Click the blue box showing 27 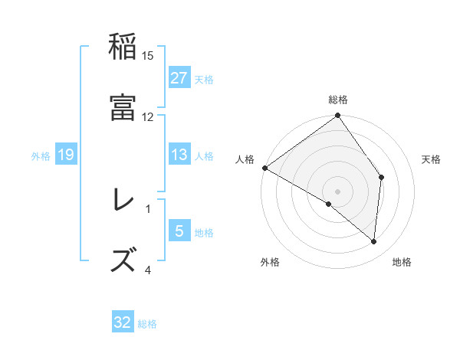179,78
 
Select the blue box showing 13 179,155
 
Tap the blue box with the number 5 179,231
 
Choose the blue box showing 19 66,155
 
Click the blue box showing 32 123,322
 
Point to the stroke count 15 148,55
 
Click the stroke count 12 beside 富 148,116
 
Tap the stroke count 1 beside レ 148,208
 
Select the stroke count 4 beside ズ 148,269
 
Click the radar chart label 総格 338,100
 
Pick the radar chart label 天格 432,159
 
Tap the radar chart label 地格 402,263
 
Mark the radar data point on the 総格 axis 338,116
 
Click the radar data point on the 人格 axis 264,168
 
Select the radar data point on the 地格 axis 374,241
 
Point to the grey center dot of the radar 338,191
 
